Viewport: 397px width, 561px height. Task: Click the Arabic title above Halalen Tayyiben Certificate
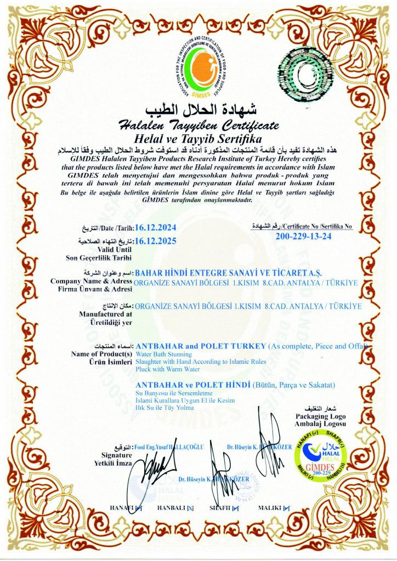point(199,108)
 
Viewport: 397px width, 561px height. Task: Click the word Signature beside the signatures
point(116,455)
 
